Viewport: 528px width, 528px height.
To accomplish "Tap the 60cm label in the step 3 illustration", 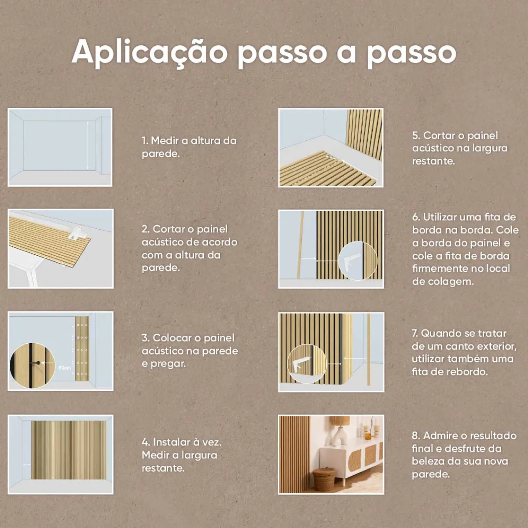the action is (65, 368).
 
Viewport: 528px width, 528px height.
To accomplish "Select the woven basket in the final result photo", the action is (324, 479).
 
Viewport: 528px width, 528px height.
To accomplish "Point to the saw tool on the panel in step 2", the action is (78, 232).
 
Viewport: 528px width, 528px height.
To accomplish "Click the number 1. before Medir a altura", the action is (145, 141).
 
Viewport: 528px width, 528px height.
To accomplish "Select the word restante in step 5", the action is (433, 161).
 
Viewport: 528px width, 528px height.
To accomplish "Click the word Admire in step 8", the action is (440, 436).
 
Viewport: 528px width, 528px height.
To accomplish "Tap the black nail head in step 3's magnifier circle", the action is (38, 363).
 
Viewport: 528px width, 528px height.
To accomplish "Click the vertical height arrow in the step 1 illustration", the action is (88, 145).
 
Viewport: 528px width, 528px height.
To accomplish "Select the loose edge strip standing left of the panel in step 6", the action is (301, 245).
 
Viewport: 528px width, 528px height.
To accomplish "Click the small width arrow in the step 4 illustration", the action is (27, 465).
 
